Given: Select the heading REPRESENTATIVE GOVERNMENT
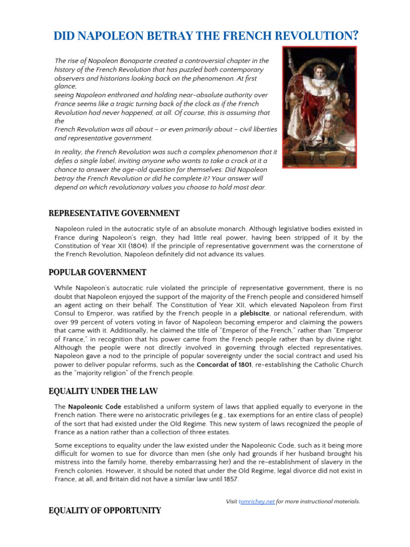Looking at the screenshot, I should [x=114, y=214].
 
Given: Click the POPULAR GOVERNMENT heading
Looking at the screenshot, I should [x=97, y=272].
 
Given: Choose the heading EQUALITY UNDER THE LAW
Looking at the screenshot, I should [x=103, y=392].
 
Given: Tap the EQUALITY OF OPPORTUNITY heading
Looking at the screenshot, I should [x=105, y=511].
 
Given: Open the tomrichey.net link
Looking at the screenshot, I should [x=257, y=502].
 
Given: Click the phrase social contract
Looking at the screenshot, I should [x=282, y=356].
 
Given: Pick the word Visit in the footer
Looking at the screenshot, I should [x=232, y=502].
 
